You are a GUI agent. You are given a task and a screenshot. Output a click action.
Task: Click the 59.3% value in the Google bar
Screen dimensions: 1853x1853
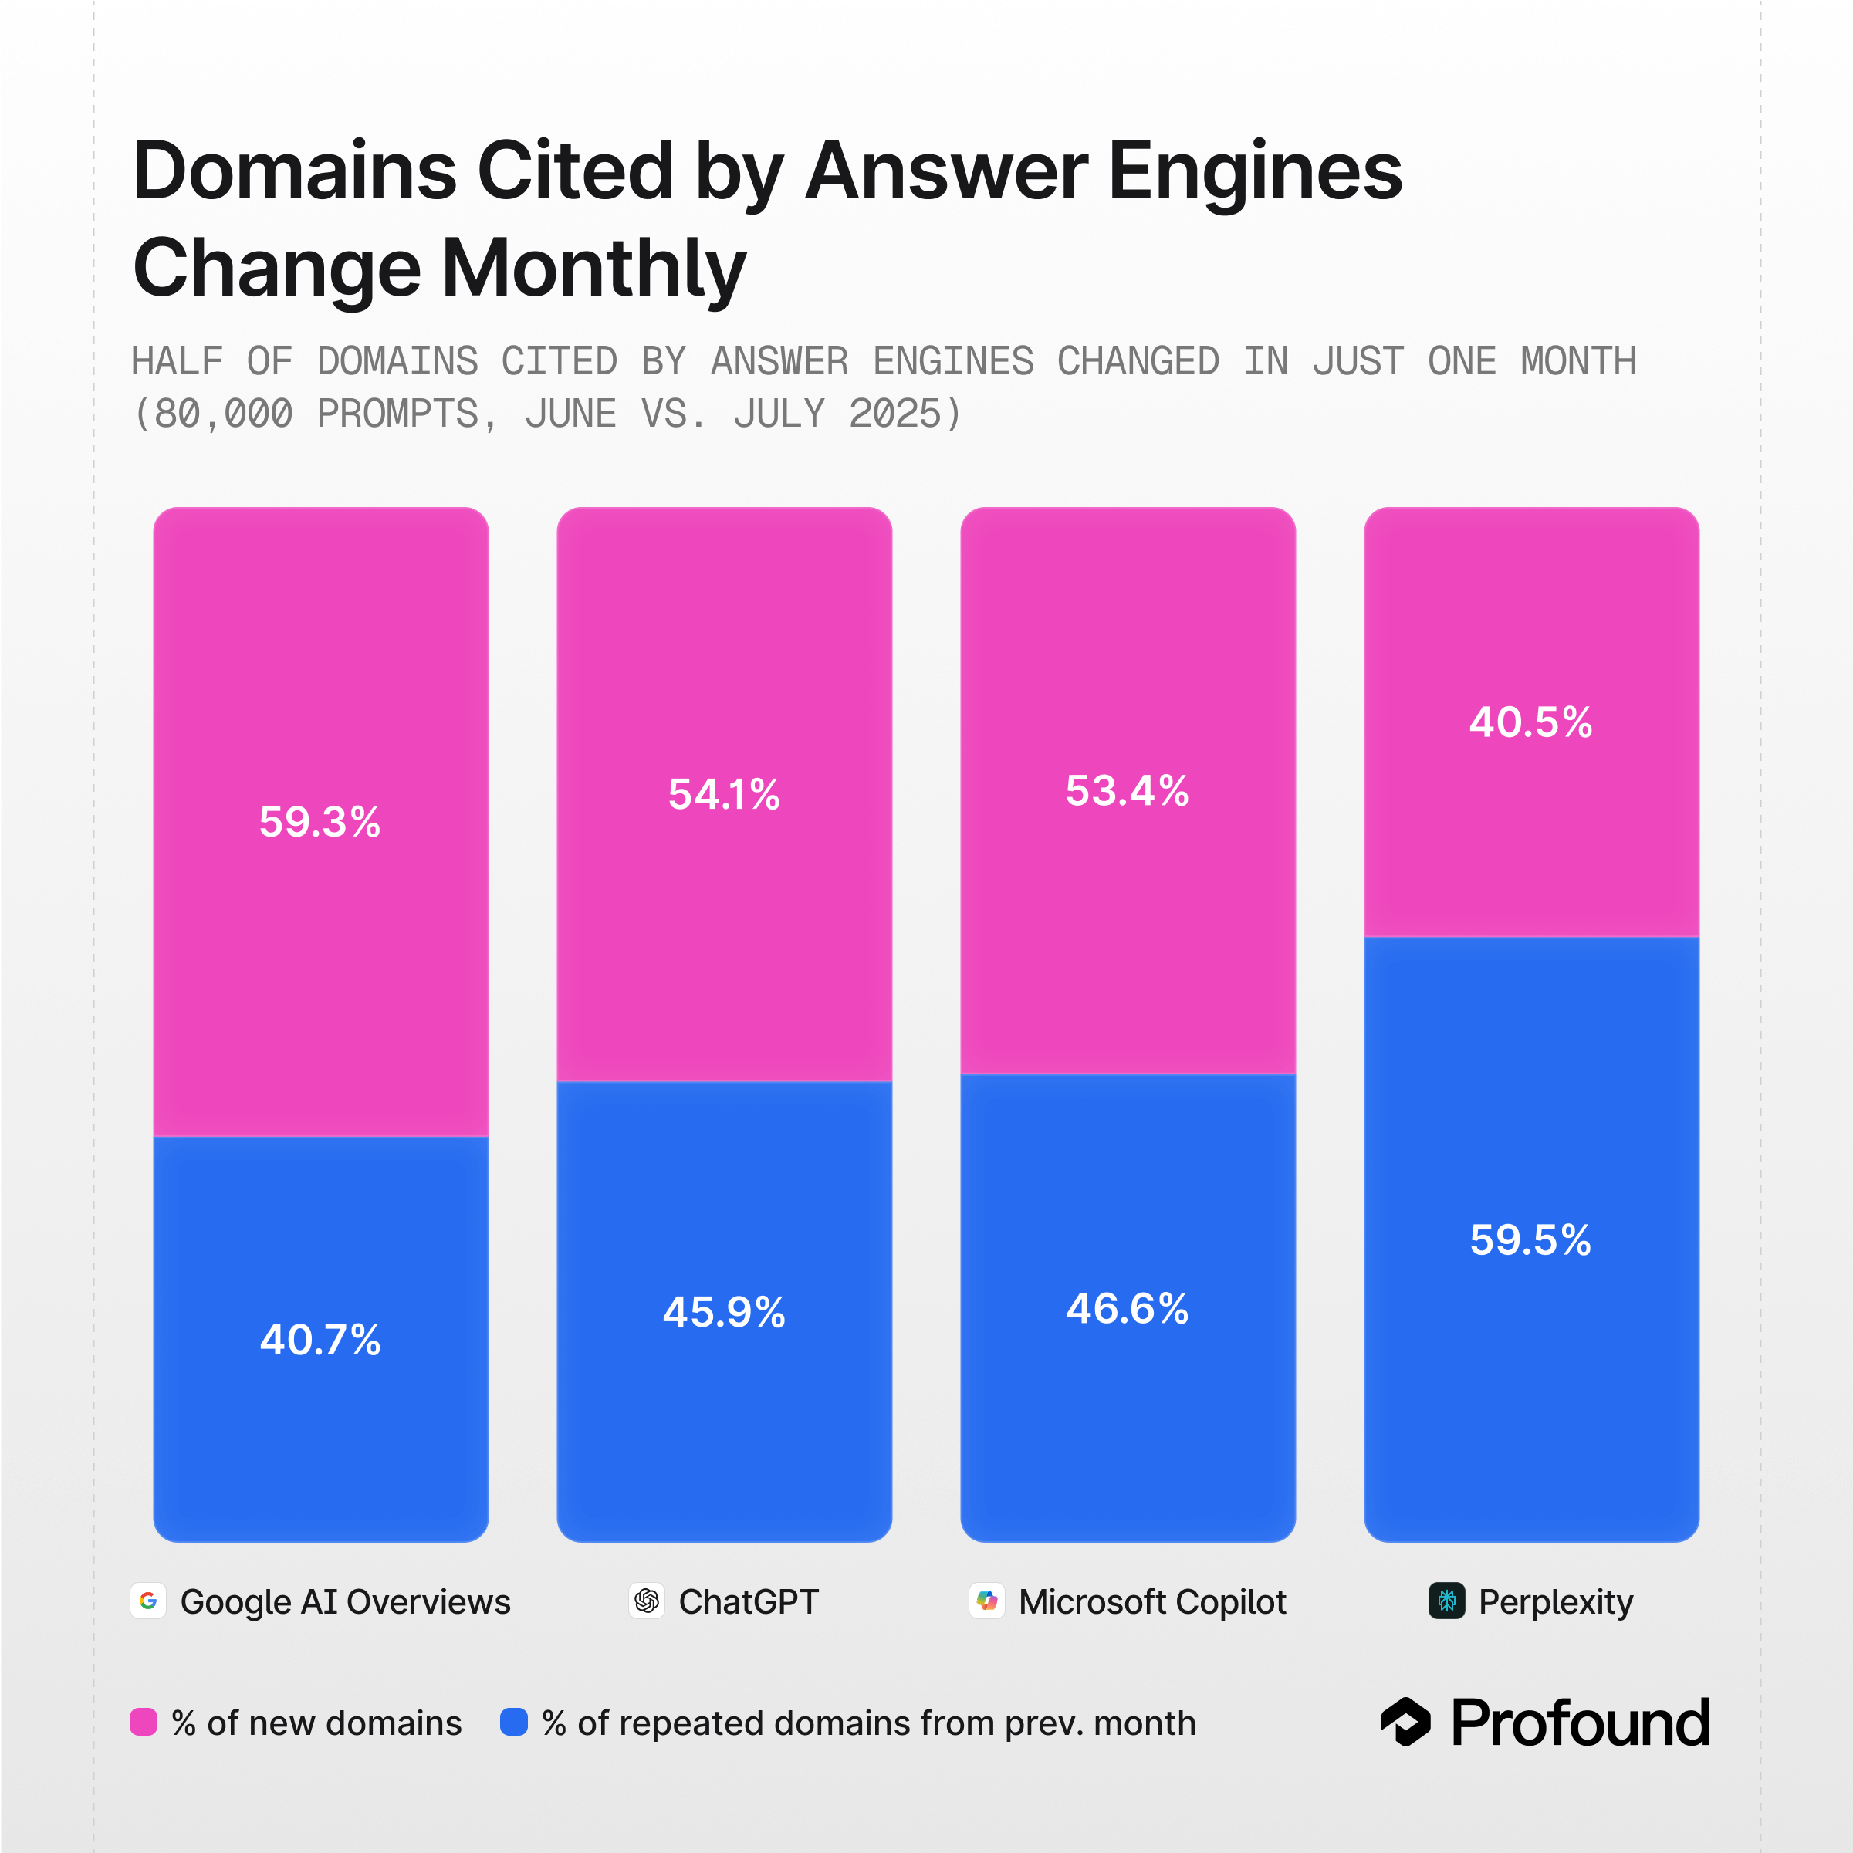[320, 822]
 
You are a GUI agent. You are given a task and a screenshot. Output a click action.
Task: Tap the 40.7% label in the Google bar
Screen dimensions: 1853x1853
[320, 1340]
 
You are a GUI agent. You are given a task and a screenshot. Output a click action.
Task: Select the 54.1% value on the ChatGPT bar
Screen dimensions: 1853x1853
[724, 794]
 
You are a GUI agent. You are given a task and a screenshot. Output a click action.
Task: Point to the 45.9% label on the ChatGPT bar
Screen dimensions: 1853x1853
[724, 1312]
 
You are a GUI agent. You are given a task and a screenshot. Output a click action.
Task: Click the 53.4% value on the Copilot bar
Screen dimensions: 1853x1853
[1127, 791]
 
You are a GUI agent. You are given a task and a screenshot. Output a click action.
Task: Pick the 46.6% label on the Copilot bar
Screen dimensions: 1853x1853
[1127, 1309]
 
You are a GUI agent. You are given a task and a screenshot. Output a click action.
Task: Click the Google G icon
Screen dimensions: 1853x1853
[147, 1601]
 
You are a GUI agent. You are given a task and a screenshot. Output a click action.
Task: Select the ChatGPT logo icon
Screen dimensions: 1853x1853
[648, 1601]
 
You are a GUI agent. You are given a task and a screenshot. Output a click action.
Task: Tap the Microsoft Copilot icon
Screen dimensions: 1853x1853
[987, 1601]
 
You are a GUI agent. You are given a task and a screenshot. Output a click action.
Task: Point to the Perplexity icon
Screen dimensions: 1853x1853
[1446, 1601]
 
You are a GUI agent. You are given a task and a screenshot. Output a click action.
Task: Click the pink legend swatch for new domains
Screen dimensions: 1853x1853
[143, 1722]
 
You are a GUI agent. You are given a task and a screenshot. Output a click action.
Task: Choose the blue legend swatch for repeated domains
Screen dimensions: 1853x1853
[514, 1722]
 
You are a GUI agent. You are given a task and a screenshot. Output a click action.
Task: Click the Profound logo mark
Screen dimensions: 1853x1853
[1405, 1722]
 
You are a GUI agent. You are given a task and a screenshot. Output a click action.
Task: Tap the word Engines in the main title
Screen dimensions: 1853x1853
[1255, 173]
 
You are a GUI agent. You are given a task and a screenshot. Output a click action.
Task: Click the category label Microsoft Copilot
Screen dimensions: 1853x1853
[1152, 1601]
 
